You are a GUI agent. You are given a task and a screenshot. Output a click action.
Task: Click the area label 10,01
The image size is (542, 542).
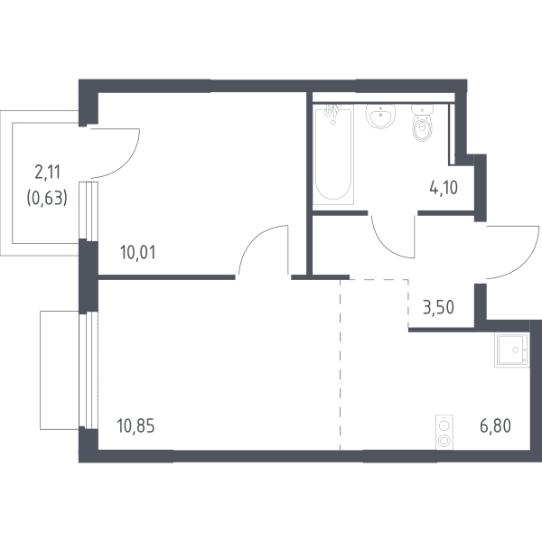point(138,253)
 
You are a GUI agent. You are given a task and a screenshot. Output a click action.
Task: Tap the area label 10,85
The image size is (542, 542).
point(135,425)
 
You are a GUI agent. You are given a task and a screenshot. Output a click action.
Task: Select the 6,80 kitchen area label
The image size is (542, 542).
point(495,425)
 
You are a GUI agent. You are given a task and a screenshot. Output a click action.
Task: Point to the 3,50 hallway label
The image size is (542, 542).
point(438,307)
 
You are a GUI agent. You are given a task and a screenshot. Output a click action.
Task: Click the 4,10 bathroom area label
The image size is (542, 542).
point(444,188)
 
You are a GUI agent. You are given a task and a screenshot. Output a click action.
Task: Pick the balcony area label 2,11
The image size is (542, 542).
point(47,173)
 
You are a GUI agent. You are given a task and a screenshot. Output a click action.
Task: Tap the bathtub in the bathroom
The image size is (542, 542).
point(333,154)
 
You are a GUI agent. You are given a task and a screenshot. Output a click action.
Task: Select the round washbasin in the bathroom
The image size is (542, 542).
point(380,117)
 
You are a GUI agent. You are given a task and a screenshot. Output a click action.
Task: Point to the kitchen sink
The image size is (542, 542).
point(512,350)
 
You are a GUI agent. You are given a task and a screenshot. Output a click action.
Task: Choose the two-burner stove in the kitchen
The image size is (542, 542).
point(444,432)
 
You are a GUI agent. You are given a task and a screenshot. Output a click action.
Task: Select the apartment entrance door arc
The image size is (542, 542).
point(528,263)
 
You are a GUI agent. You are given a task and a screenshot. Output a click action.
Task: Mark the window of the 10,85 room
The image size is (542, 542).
point(89,370)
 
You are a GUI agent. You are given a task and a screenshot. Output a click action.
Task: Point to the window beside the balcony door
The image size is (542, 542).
point(89,211)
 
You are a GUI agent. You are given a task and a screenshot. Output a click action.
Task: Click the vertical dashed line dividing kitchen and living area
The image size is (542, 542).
point(341,365)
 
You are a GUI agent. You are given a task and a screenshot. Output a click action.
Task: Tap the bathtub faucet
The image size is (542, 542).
point(332,111)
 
